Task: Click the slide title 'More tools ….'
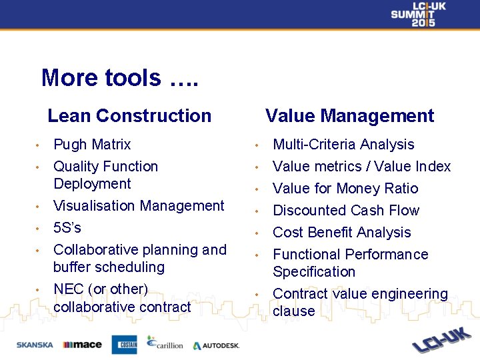[x=119, y=78]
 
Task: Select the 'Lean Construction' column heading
[x=129, y=116]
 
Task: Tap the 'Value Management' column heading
[x=349, y=116]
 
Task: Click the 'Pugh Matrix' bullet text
[x=92, y=145]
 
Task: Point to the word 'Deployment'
[x=92, y=184]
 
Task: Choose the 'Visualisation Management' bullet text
[x=139, y=206]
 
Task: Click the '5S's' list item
[x=67, y=228]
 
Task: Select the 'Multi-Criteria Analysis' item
[x=343, y=145]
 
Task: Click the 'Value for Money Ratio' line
[x=345, y=189]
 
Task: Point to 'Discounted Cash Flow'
[x=346, y=211]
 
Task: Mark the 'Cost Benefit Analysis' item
[x=342, y=233]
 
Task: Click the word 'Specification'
[x=314, y=272]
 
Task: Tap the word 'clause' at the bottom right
[x=294, y=311]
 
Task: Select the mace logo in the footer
[x=82, y=345]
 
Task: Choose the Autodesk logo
[x=215, y=345]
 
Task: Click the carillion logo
[x=165, y=343]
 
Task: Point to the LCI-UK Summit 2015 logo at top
[x=418, y=14]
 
